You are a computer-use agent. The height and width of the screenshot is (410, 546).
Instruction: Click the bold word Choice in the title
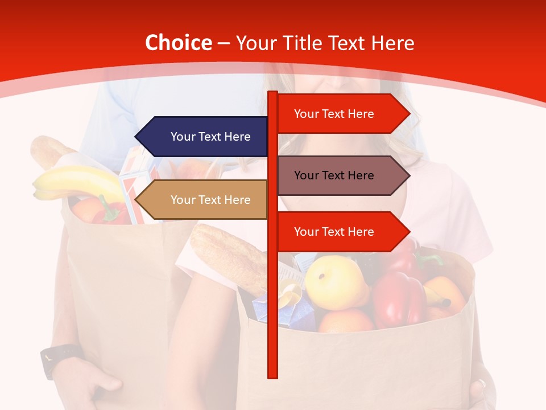coord(178,43)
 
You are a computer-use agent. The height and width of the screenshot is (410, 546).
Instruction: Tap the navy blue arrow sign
coord(202,137)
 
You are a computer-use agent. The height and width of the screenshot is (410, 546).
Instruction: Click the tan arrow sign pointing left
coord(202,200)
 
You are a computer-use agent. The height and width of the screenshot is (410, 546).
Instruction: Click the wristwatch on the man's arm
coord(57,358)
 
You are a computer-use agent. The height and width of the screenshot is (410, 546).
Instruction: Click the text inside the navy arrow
coord(210,137)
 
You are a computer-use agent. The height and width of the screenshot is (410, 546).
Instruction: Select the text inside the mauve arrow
coord(334,175)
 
